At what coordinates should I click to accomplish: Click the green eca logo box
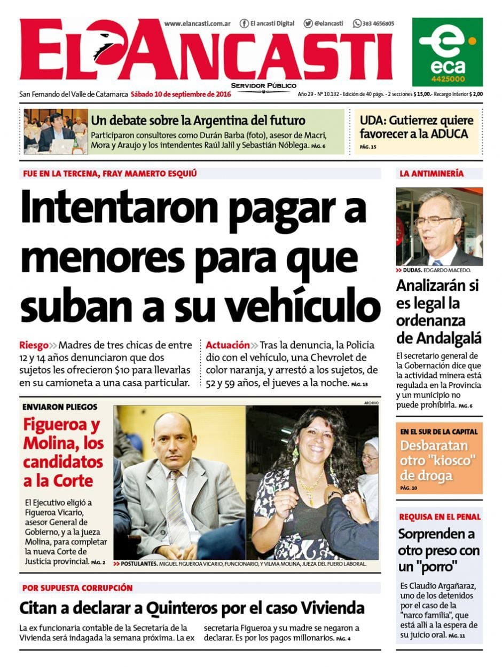tap(447, 52)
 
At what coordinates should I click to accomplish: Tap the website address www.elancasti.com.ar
tap(197, 23)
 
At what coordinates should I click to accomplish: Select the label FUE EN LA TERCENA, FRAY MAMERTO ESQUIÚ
tap(110, 173)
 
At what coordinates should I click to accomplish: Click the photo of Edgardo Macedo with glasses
tap(439, 226)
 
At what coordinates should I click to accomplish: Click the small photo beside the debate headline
tap(56, 131)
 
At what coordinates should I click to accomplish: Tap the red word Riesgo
tap(34, 345)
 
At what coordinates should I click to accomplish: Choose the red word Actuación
tap(228, 345)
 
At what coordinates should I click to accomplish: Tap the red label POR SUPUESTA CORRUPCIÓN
tap(77, 587)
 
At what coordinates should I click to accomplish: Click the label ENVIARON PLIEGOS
tap(60, 407)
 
